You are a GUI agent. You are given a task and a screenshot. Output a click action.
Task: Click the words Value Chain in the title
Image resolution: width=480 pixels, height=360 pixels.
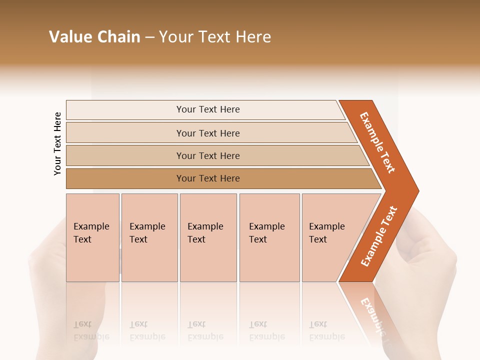(94, 37)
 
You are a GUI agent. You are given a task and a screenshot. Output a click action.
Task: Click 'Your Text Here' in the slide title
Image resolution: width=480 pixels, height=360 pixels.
(215, 37)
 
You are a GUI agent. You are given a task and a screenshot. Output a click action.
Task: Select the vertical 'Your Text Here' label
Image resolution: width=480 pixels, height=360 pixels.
(57, 143)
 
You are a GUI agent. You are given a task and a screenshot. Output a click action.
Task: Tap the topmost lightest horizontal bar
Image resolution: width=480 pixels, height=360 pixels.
(207, 109)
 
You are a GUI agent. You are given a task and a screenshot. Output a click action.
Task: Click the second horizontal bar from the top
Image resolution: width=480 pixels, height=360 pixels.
(207, 133)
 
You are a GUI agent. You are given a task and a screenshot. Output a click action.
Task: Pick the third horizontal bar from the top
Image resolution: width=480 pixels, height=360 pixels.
(207, 155)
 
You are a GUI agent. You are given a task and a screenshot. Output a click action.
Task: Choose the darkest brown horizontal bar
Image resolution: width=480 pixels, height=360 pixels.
(207, 178)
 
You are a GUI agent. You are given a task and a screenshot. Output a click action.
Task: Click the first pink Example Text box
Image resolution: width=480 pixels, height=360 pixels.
(92, 237)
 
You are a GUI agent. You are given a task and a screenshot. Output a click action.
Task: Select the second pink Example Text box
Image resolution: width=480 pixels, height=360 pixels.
(149, 237)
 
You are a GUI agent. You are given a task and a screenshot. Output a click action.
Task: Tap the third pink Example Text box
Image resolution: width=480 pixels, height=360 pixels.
(207, 237)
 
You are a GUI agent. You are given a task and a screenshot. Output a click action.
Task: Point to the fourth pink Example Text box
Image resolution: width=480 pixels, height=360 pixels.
(269, 237)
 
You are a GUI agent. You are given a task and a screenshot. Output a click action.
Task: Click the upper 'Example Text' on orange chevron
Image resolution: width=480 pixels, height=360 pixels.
(377, 142)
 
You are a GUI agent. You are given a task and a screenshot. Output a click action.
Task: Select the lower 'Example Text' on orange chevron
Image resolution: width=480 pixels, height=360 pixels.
(379, 236)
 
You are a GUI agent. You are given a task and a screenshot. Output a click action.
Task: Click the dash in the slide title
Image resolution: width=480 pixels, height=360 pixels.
(149, 37)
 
